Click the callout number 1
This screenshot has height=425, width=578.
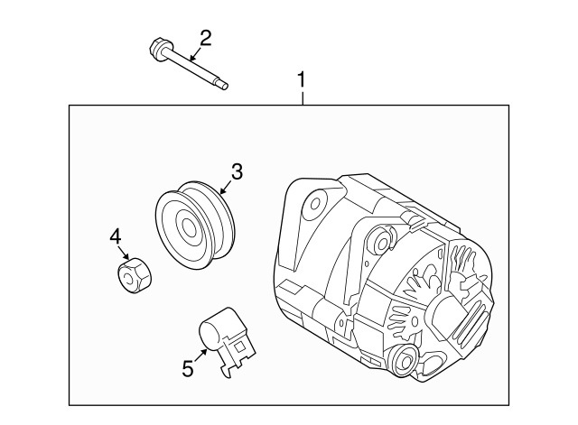pyautogui.click(x=303, y=81)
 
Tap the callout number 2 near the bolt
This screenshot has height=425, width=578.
pyautogui.click(x=206, y=37)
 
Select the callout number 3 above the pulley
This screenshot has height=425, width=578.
pyautogui.click(x=238, y=171)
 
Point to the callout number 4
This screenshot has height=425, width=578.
pyautogui.click(x=116, y=236)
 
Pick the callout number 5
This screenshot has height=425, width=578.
pyautogui.click(x=187, y=368)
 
